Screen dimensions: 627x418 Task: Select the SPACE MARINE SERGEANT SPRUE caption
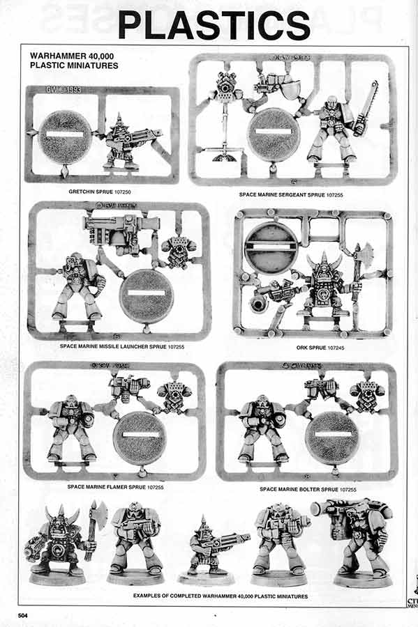coord(292,195)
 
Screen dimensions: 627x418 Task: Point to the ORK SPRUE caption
coord(311,346)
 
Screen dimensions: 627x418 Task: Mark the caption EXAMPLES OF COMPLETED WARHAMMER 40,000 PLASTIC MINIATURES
coord(220,597)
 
